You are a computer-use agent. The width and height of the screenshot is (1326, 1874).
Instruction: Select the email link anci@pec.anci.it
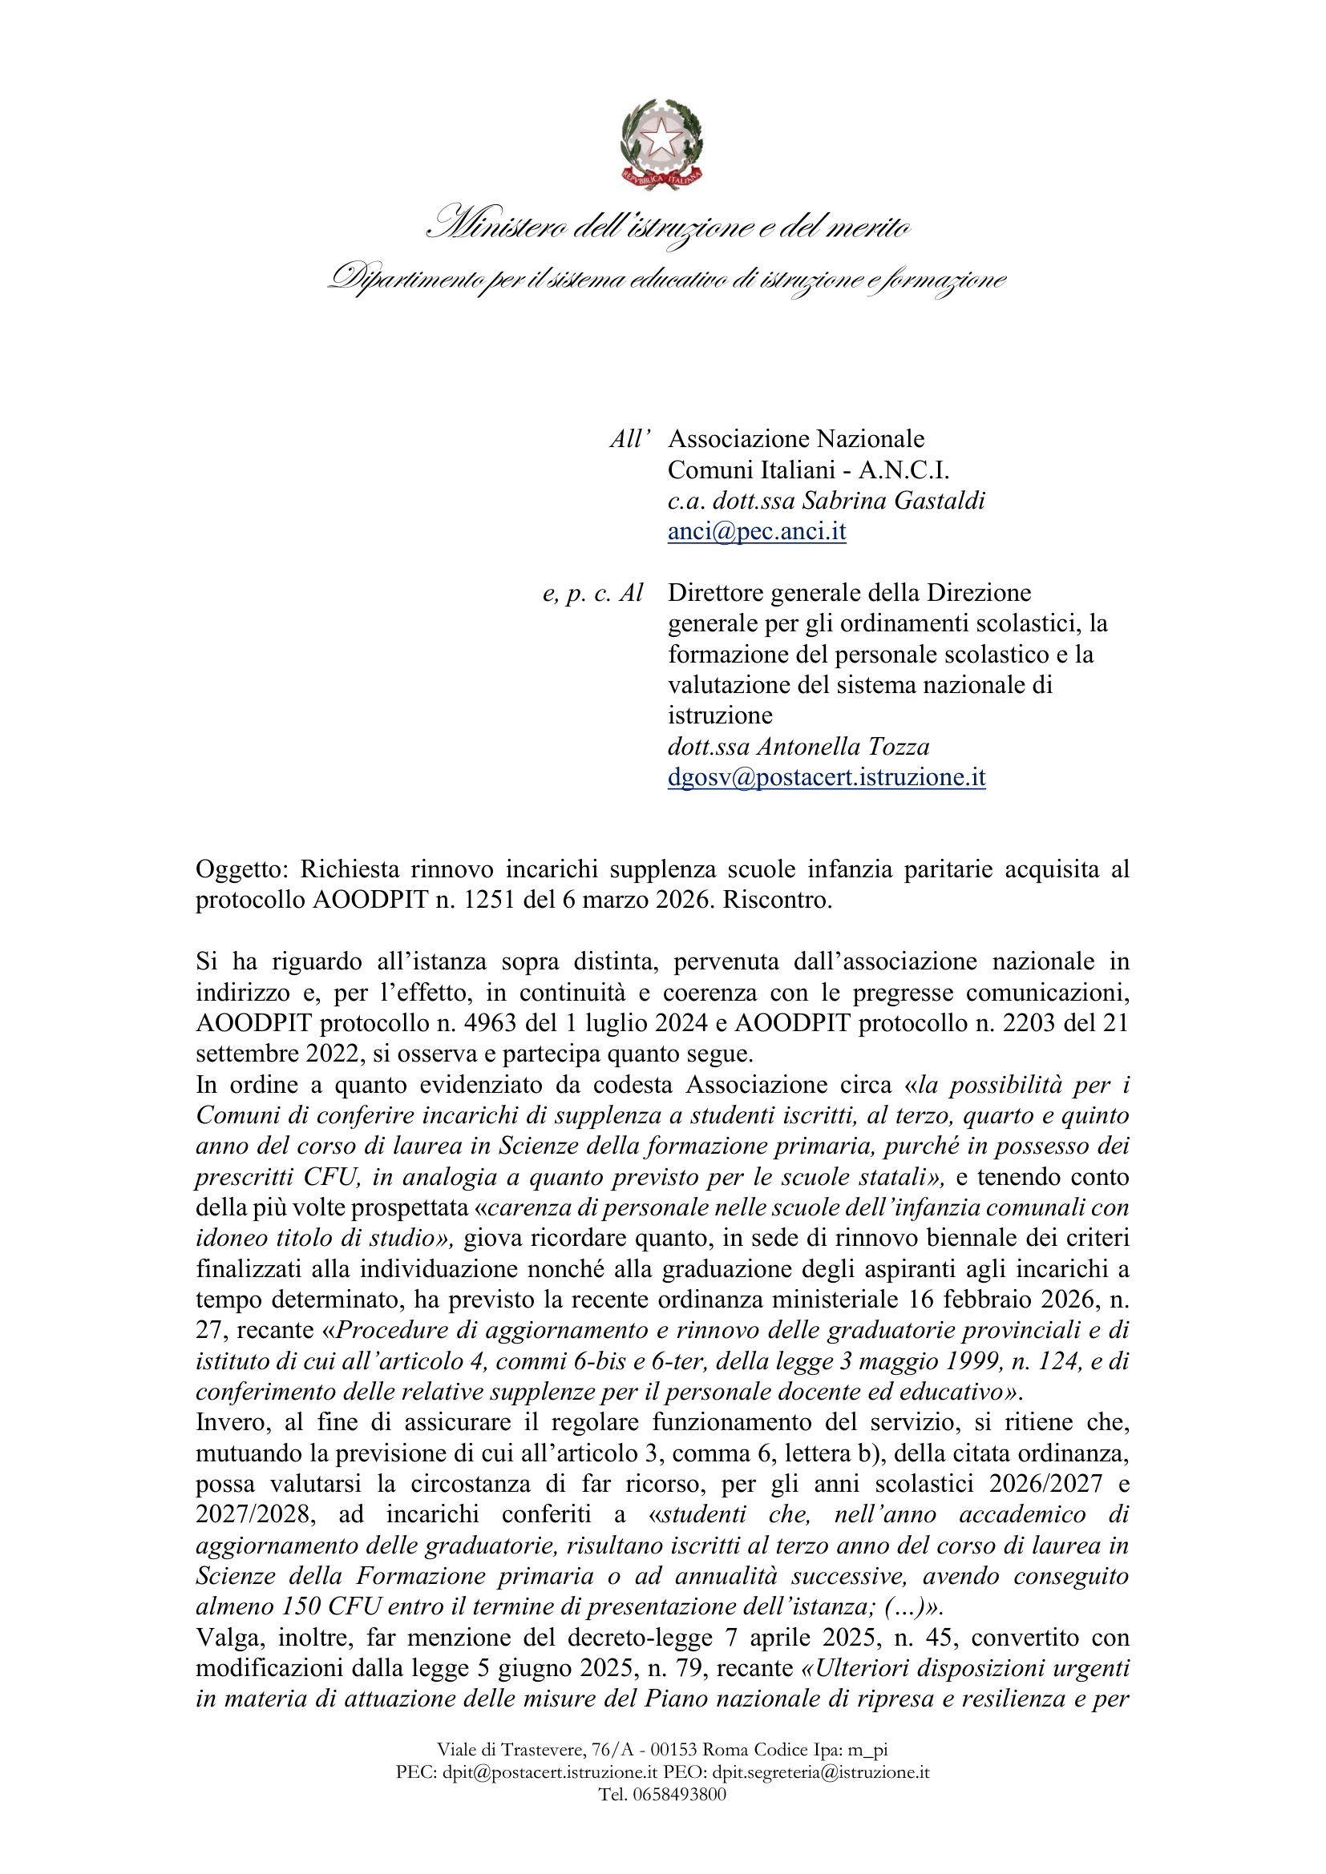pyautogui.click(x=757, y=531)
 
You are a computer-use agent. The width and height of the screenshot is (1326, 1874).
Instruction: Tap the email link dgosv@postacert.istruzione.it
pyautogui.click(x=827, y=777)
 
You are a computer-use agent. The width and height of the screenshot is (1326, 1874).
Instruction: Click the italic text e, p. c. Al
pyautogui.click(x=592, y=593)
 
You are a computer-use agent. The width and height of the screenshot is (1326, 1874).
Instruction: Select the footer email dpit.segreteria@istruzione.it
pyautogui.click(x=821, y=1772)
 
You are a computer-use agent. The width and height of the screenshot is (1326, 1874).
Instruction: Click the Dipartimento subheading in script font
pyautogui.click(x=666, y=279)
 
